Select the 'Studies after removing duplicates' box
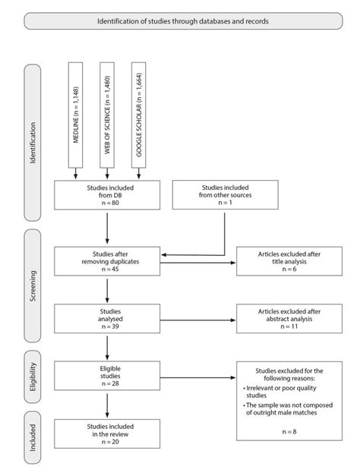(x=107, y=261)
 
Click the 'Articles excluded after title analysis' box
(x=284, y=261)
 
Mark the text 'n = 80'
(x=107, y=203)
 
